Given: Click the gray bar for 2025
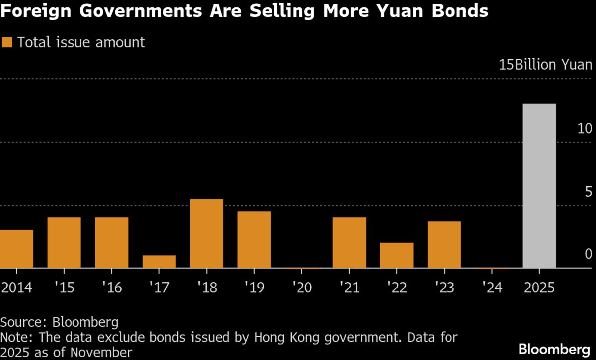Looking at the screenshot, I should click(539, 186).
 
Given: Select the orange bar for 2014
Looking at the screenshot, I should click(16, 249).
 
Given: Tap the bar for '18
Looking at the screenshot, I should click(207, 233).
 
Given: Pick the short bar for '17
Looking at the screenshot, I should click(159, 262).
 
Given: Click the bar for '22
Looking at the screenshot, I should click(396, 255).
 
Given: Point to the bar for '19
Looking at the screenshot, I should click(254, 239).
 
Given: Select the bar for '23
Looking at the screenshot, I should click(444, 244).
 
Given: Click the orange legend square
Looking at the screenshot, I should click(7, 42).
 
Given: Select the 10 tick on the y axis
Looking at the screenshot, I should click(585, 129).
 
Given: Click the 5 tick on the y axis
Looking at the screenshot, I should click(588, 192).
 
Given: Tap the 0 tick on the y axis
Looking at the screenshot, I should click(588, 254).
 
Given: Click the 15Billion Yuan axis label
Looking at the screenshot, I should click(545, 65).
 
